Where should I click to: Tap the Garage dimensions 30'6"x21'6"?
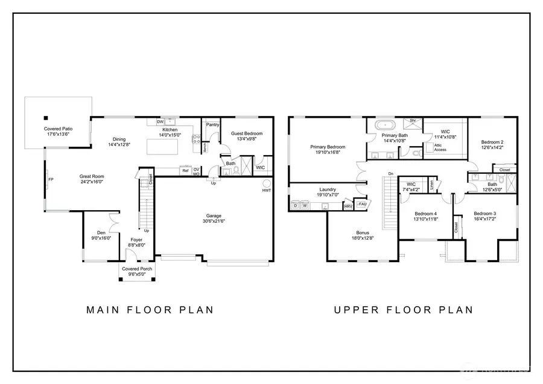tap(214, 221)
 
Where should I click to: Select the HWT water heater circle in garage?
tap(266, 183)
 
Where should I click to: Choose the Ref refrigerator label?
tap(185, 171)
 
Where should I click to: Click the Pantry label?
tap(212, 124)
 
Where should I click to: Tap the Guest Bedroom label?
tap(247, 133)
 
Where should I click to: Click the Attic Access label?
tap(440, 147)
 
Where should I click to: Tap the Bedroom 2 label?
tap(492, 142)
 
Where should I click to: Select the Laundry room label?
tap(328, 189)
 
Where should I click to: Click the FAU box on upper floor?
tap(363, 203)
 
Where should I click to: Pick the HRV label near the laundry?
tap(348, 206)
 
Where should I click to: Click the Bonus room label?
tap(362, 232)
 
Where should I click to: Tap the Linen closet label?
tap(432, 185)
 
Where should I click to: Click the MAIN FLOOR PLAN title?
tap(150, 310)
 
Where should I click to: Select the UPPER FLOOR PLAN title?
tap(404, 310)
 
